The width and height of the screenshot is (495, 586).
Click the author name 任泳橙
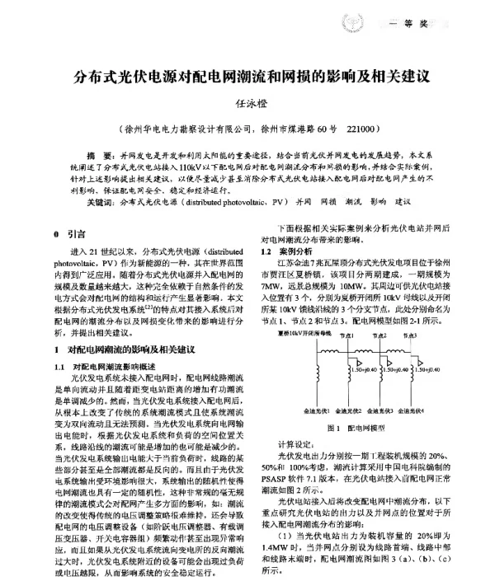[x=247, y=106]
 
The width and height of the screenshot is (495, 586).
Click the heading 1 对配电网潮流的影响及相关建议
[x=124, y=349]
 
